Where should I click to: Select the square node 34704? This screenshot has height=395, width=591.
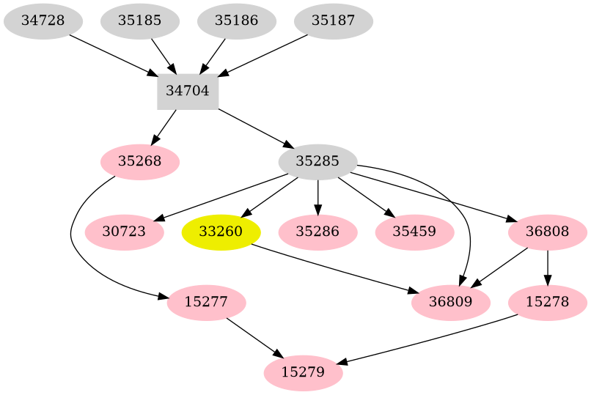[188, 92]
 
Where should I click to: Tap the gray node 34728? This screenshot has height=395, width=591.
[43, 21]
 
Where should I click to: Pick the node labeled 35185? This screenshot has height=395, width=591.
[139, 21]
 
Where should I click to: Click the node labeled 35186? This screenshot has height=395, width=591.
[236, 21]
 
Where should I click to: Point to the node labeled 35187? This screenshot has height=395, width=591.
[333, 21]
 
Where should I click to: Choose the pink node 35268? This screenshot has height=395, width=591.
[139, 161]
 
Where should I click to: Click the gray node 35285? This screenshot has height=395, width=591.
[317, 161]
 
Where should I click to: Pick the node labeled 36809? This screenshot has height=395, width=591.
[451, 302]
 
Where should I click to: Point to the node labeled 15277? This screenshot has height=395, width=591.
[206, 302]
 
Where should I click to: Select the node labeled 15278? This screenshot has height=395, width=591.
[548, 302]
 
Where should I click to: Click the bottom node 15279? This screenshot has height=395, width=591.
[303, 372]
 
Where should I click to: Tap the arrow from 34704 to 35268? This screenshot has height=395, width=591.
[164, 126]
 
